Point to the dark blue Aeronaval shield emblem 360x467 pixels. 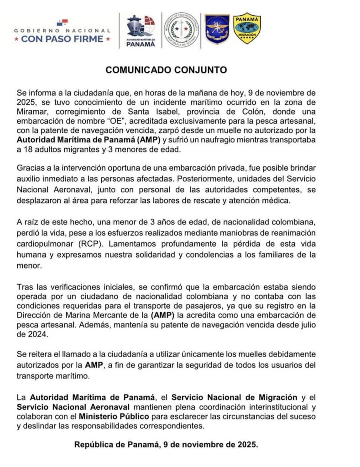[217, 29]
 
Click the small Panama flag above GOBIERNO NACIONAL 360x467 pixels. [62, 22]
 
